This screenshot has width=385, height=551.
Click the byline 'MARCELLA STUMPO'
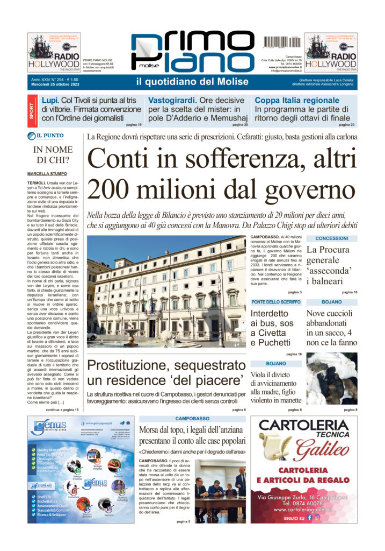[47, 174]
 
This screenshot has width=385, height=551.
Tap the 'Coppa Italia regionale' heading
[297, 101]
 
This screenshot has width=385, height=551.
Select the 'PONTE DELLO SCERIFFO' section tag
[276, 302]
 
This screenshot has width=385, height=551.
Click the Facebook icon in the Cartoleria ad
[324, 517]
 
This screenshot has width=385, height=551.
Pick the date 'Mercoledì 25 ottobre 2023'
[56, 85]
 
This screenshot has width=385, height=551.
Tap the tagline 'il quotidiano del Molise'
[192, 82]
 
